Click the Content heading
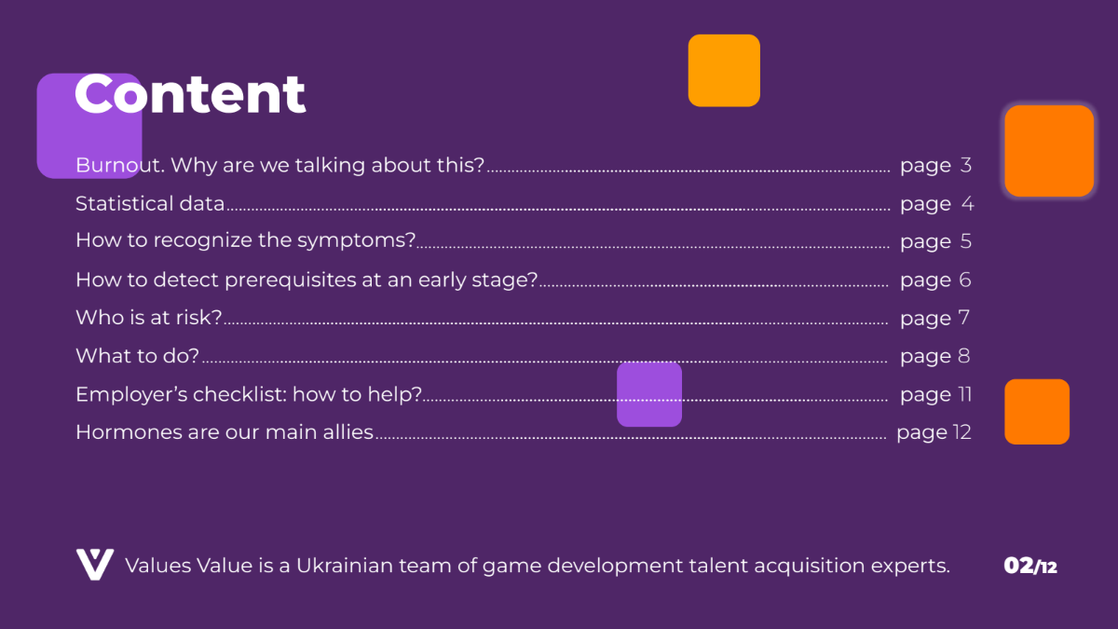pyautogui.click(x=190, y=94)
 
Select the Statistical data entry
pyautogui.click(x=150, y=204)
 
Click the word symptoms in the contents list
pyautogui.click(x=356, y=241)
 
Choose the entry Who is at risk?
pyautogui.click(x=149, y=318)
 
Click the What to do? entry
pyautogui.click(x=137, y=356)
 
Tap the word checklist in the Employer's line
pyautogui.click(x=239, y=394)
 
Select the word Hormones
pyautogui.click(x=129, y=432)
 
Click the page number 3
pyautogui.click(x=966, y=165)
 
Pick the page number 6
pyautogui.click(x=965, y=280)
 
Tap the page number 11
pyautogui.click(x=965, y=395)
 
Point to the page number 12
pyautogui.click(x=961, y=432)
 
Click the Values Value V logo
pyautogui.click(x=95, y=565)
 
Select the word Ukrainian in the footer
pyautogui.click(x=344, y=566)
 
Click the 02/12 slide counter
pyautogui.click(x=1030, y=567)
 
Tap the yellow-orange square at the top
pyautogui.click(x=724, y=71)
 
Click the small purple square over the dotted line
pyautogui.click(x=649, y=394)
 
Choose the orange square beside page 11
pyautogui.click(x=1037, y=412)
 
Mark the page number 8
pyautogui.click(x=963, y=356)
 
